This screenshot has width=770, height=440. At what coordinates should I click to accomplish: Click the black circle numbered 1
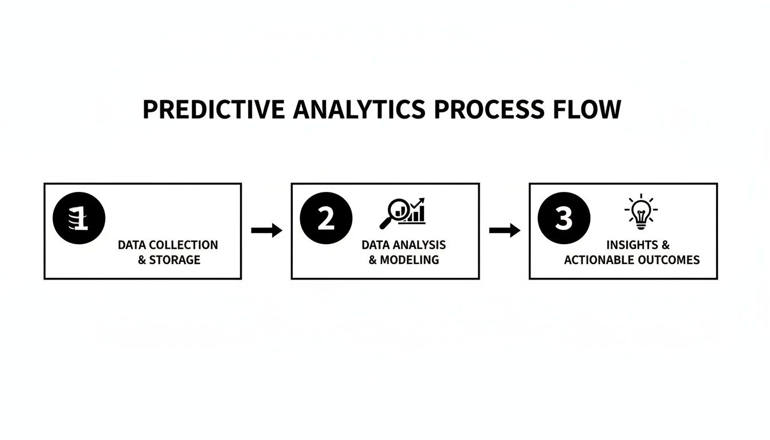(79, 219)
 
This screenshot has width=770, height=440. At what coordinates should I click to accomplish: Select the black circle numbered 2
(325, 219)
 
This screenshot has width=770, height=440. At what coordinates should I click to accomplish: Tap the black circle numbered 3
(564, 219)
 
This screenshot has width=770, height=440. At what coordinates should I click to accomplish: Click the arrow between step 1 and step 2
(266, 231)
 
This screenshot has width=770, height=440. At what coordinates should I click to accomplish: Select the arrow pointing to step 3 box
(504, 231)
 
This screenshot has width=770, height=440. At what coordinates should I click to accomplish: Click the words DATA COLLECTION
(168, 245)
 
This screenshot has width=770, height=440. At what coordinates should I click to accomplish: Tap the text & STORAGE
(169, 260)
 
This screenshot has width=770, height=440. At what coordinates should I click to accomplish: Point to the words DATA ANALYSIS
(403, 245)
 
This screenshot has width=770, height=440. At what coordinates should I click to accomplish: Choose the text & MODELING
(403, 260)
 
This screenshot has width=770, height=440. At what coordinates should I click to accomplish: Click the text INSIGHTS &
(638, 245)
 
